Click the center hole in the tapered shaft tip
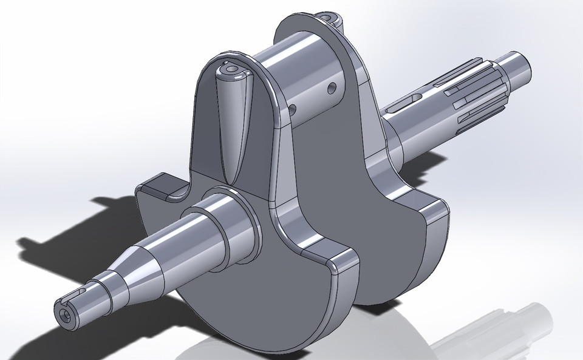(66, 315)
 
